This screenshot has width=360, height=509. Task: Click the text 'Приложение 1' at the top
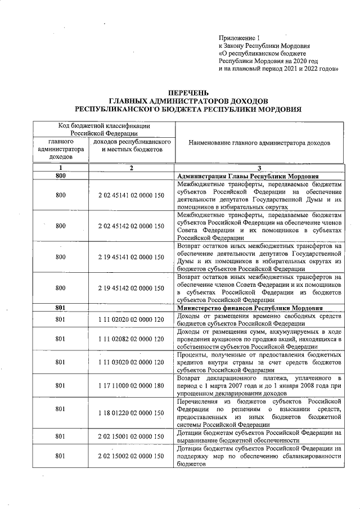point(240,36)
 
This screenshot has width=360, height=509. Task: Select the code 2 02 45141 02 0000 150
point(130,195)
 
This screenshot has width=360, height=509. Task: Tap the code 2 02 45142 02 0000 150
point(130,226)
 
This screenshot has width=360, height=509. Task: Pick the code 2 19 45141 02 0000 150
point(130,257)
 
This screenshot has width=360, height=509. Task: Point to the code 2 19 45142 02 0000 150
point(130,288)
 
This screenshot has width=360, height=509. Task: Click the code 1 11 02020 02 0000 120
point(130,319)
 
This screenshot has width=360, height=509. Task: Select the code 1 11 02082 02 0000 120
point(130,339)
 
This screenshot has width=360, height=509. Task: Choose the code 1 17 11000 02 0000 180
point(130,386)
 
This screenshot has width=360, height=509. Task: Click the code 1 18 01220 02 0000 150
point(130,413)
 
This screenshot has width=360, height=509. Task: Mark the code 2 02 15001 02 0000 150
point(130,436)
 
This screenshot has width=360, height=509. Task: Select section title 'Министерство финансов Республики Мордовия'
point(250,308)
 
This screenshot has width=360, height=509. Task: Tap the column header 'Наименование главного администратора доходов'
point(259,143)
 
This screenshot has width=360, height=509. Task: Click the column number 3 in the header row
point(259,168)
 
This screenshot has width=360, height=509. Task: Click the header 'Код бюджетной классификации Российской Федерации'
point(104,129)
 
